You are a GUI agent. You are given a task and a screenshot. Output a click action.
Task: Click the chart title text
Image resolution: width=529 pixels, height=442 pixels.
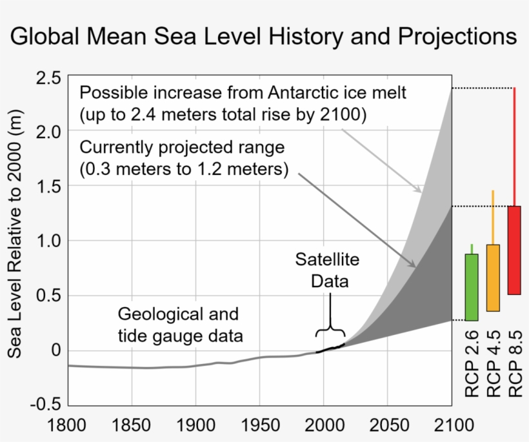(264, 35)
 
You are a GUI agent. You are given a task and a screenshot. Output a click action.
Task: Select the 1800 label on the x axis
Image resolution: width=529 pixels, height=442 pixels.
(68, 426)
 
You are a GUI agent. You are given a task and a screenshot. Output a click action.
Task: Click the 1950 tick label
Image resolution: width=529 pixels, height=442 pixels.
(259, 426)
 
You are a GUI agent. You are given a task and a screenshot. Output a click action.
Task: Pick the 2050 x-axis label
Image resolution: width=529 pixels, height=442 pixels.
(387, 426)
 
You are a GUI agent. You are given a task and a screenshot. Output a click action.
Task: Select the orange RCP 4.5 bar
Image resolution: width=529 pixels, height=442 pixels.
(493, 277)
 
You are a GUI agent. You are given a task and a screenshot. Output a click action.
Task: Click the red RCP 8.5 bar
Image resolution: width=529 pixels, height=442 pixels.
(514, 250)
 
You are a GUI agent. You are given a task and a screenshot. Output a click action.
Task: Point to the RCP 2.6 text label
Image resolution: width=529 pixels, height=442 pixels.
(472, 365)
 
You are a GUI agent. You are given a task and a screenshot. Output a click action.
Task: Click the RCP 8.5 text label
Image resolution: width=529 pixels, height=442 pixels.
(514, 365)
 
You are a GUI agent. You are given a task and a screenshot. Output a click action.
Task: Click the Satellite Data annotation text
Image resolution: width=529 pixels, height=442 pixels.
(328, 270)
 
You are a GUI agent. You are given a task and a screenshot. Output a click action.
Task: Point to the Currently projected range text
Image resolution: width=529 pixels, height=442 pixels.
(183, 148)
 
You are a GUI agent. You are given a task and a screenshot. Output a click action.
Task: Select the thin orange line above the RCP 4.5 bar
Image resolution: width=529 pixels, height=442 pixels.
(493, 217)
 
